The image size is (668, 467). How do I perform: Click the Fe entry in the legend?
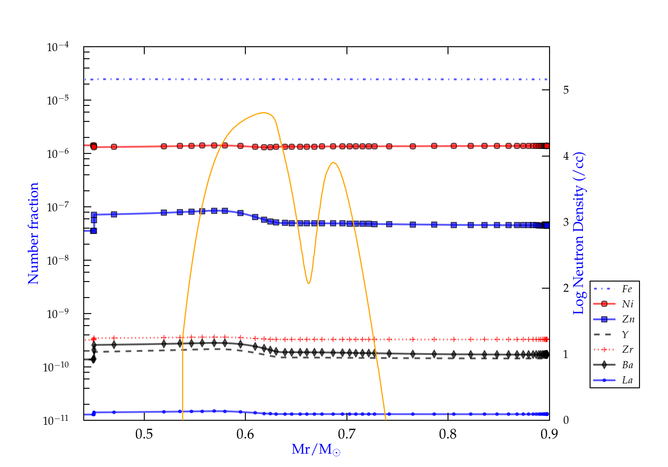pyautogui.click(x=627, y=289)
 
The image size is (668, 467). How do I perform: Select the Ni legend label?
pyautogui.click(x=627, y=304)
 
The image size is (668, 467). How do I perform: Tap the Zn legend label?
pyautogui.click(x=628, y=319)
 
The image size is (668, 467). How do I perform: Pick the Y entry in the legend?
pyautogui.click(x=625, y=334)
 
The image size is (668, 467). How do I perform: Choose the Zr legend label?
pyautogui.click(x=627, y=350)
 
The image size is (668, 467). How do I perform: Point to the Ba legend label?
pyautogui.click(x=627, y=365)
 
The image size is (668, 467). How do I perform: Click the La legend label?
pyautogui.click(x=627, y=380)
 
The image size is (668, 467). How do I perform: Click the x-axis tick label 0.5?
pyautogui.click(x=144, y=434)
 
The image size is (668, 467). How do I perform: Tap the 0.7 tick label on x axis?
pyautogui.click(x=346, y=434)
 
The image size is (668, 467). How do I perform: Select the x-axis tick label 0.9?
pyautogui.click(x=549, y=434)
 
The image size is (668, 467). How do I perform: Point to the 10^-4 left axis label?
pyautogui.click(x=58, y=47)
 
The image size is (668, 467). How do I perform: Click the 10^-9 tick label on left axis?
pyautogui.click(x=58, y=314)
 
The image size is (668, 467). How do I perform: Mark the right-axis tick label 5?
pyautogui.click(x=566, y=90)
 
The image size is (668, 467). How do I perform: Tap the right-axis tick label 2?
pyautogui.click(x=566, y=288)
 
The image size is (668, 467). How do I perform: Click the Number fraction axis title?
pyautogui.click(x=33, y=233)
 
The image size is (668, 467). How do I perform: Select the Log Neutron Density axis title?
pyautogui.click(x=578, y=233)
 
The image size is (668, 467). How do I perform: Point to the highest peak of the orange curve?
pyautogui.click(x=265, y=113)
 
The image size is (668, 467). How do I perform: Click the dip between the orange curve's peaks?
pyautogui.click(x=308, y=283)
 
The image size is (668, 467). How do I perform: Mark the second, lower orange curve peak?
pyautogui.click(x=333, y=162)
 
